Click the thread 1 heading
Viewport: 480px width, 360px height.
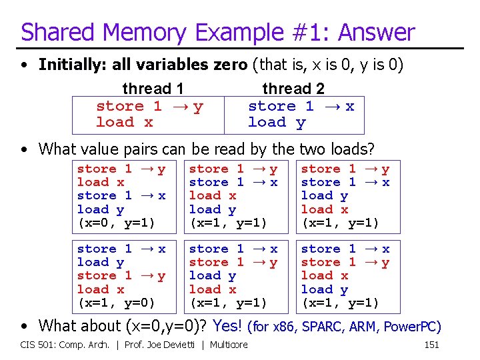153,89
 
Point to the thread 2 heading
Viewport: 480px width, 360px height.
293,89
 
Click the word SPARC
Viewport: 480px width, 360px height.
323,327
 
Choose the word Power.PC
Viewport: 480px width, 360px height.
411,327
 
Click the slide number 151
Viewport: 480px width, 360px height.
433,345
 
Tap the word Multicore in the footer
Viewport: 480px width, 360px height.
228,345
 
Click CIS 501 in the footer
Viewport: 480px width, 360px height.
37,345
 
